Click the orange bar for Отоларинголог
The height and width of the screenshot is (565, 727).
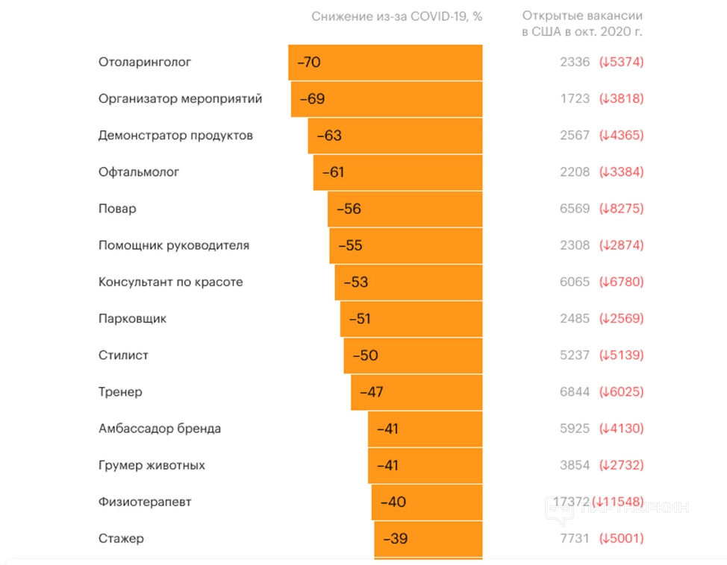point(385,63)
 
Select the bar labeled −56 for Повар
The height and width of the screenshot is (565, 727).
point(405,209)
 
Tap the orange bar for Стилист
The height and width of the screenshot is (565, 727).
point(413,356)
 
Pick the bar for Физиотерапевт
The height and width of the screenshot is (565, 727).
point(427,502)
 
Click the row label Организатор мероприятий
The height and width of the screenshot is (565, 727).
point(180,99)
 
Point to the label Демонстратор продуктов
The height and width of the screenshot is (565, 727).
point(175,136)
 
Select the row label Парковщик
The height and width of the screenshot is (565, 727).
point(132,319)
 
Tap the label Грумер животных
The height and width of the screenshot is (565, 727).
point(152,466)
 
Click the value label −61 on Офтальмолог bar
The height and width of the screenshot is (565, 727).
point(333,173)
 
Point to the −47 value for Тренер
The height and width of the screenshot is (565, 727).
point(372,392)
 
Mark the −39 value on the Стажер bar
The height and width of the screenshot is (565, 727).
point(396,539)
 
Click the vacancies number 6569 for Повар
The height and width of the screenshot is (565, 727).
point(575,209)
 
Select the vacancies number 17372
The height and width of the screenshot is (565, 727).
point(572,502)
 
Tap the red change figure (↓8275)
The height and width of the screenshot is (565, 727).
point(621,209)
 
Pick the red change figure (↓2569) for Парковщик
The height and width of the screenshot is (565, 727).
point(621,319)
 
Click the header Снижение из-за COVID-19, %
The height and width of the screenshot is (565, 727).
point(397,16)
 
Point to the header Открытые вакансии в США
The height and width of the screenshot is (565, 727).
point(582,24)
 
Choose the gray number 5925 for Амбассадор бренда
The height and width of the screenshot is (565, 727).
point(575,429)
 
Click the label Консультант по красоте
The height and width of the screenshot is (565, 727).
point(170,282)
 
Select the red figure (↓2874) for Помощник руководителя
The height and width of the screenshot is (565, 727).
point(621,246)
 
